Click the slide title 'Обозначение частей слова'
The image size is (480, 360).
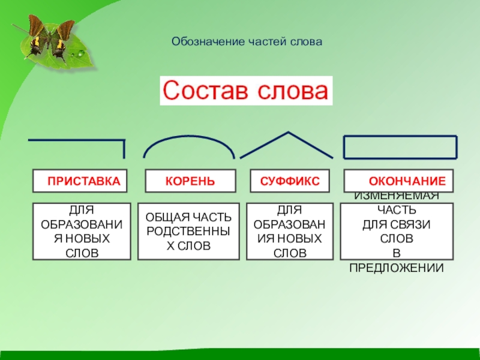[x=247, y=42]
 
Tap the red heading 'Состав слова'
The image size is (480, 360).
[x=246, y=92]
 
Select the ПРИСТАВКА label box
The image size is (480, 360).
[x=80, y=181]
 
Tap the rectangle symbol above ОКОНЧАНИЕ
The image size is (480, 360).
[x=400, y=147]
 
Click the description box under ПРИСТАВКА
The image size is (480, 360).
[x=81, y=232]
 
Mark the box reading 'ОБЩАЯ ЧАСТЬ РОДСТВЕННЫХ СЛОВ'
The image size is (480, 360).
[x=188, y=232]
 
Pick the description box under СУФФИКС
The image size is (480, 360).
[x=289, y=232]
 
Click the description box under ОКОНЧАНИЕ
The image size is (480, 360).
[x=397, y=232]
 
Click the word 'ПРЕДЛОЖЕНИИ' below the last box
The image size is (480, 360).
[x=397, y=268]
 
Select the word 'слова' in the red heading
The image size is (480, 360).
[x=294, y=92]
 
